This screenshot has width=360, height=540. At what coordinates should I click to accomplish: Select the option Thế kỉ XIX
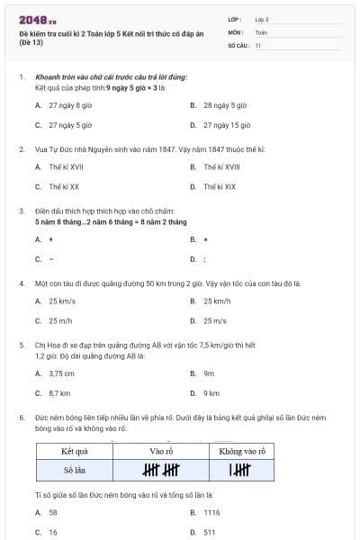coord(220,187)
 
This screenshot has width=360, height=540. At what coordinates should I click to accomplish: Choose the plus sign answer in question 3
coord(50,239)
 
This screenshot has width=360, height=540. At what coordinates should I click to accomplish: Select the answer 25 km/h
coord(217,301)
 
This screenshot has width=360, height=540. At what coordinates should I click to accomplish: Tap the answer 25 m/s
coord(215,320)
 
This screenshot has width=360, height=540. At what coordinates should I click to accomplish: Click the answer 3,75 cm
coord(61,373)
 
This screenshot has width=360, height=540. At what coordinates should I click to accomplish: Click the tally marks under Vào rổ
coord(161,470)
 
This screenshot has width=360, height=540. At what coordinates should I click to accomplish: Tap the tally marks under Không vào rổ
coord(239,470)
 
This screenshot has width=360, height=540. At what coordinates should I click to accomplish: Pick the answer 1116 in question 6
coord(212,512)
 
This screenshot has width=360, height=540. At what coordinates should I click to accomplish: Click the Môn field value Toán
coord(262,31)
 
